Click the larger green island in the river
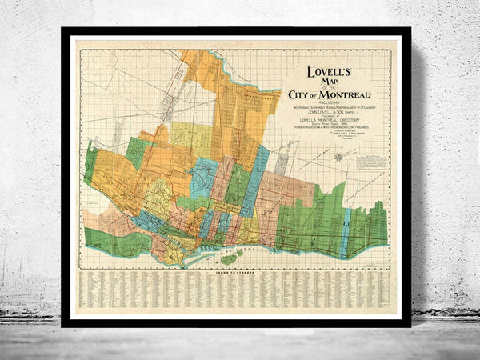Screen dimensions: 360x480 click(229, 258)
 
